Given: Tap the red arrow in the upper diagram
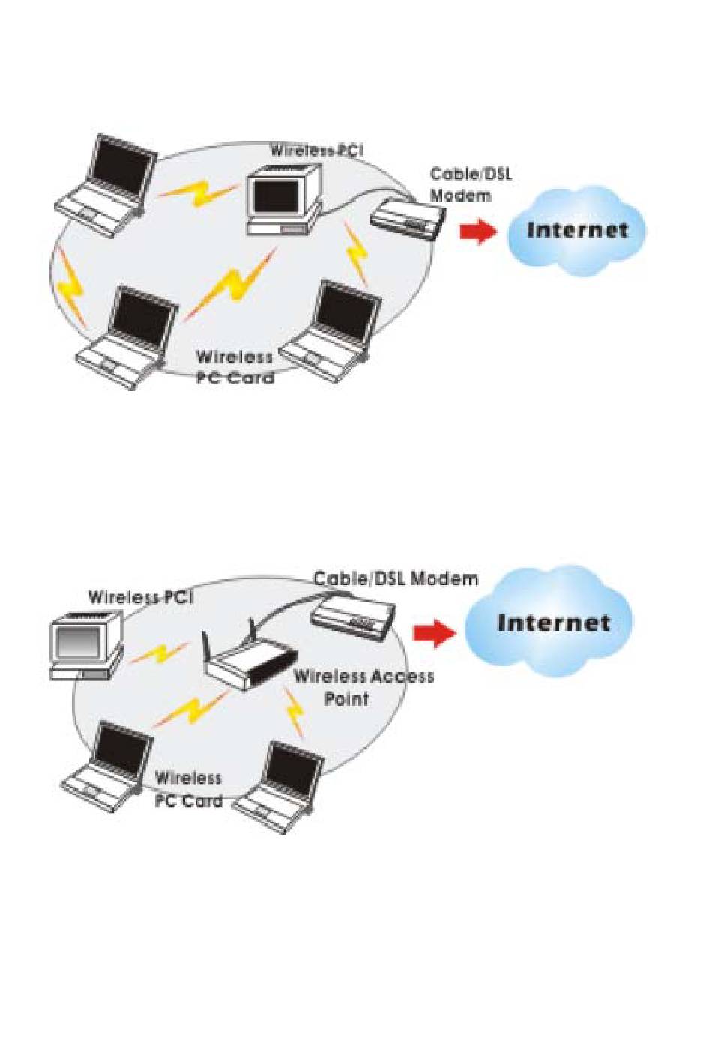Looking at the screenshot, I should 477,232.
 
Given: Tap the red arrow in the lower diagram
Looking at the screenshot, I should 434,634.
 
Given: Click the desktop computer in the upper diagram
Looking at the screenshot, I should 282,199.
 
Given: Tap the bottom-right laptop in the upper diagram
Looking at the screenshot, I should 331,330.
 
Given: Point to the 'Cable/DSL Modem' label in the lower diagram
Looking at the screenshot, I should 395,578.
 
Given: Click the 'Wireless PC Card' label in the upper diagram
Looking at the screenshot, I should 235,367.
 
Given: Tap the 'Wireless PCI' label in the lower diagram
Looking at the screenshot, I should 140,597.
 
